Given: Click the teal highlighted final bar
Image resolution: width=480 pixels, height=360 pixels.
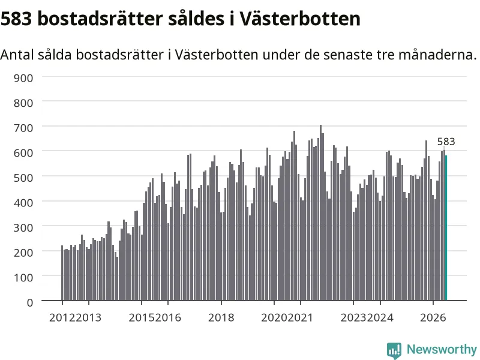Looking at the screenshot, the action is pyautogui.click(x=446, y=228).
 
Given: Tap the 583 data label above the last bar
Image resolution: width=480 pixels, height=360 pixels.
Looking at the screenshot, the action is pyautogui.click(x=446, y=142).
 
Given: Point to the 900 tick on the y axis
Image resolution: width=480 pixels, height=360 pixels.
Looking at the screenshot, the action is pyautogui.click(x=23, y=78).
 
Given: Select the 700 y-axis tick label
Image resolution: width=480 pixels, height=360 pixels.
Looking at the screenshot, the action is pyautogui.click(x=23, y=128).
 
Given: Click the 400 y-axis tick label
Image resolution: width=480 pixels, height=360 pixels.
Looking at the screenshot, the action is pyautogui.click(x=23, y=203).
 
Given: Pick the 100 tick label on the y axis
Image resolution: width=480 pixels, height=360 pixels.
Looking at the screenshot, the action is pyautogui.click(x=23, y=278).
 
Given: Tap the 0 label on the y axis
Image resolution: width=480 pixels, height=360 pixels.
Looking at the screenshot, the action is pyautogui.click(x=30, y=303).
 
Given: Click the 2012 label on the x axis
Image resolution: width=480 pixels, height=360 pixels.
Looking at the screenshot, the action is pyautogui.click(x=62, y=318).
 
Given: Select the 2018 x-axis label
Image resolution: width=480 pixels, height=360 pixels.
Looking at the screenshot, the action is pyautogui.click(x=221, y=318).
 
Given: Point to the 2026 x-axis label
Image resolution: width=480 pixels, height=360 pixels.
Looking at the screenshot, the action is pyautogui.click(x=433, y=318).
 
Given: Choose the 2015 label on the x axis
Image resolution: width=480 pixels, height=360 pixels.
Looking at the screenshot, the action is pyautogui.click(x=142, y=318).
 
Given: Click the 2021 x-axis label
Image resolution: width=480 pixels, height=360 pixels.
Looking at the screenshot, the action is pyautogui.click(x=301, y=318).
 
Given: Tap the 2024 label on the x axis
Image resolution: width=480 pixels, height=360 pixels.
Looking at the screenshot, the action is pyautogui.click(x=380, y=318).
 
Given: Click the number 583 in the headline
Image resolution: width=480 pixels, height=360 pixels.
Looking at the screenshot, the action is pyautogui.click(x=16, y=19).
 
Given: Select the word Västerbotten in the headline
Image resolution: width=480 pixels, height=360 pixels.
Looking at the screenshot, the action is pyautogui.click(x=299, y=19).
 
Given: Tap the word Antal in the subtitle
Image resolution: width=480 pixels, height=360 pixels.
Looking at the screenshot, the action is pyautogui.click(x=17, y=55).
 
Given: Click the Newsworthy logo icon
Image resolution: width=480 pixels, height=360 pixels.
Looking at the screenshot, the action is pyautogui.click(x=394, y=350).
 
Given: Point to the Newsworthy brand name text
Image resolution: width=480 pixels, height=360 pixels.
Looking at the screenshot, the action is pyautogui.click(x=442, y=349).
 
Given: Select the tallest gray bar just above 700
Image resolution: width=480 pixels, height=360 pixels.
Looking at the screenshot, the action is pyautogui.click(x=320, y=213).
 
